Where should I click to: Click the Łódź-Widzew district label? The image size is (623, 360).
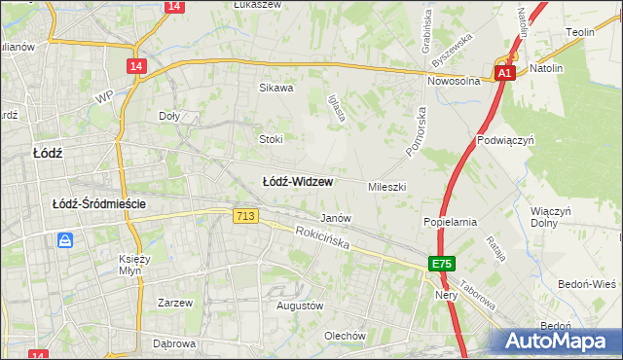click(298, 182)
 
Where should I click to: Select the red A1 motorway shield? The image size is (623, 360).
click(503, 73)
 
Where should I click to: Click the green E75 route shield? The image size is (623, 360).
click(442, 264)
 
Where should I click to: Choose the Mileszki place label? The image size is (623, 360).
click(386, 186)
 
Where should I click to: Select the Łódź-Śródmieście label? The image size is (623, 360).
click(99, 203)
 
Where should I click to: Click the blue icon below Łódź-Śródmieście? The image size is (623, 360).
click(65, 239)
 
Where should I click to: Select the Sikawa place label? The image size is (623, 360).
click(275, 88)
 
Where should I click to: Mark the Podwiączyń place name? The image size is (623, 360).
click(506, 140)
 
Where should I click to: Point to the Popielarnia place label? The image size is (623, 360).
click(450, 222)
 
